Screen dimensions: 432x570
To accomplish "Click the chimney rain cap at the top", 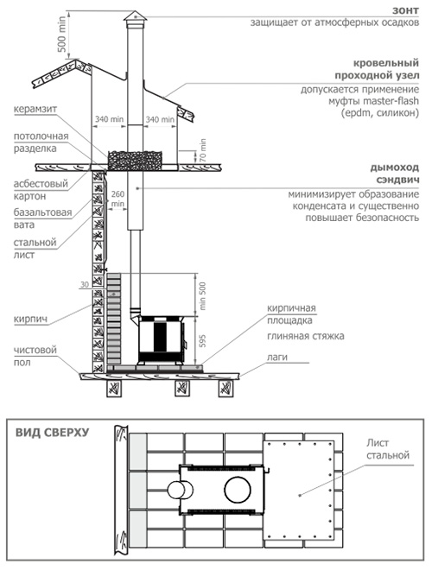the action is (x=135, y=16).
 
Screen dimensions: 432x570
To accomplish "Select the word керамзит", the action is (x=35, y=110).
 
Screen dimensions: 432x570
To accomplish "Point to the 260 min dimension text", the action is (x=118, y=199).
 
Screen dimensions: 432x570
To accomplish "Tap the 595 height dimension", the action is (x=202, y=341).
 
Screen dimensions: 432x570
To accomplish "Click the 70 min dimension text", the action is (x=202, y=150).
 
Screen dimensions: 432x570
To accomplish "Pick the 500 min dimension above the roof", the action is (x=62, y=34).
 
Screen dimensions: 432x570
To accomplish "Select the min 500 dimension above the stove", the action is (x=202, y=296).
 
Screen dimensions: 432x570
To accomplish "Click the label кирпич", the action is (x=30, y=320).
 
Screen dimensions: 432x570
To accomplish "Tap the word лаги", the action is (x=277, y=358).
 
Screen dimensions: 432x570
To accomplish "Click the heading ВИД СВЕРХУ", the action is (x=52, y=433).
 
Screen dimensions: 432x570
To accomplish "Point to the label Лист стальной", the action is (x=388, y=449).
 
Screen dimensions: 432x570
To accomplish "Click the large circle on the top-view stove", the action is (x=238, y=489).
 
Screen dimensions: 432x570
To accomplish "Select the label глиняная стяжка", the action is (x=306, y=336).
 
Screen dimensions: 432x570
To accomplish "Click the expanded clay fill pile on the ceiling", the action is (x=134, y=161).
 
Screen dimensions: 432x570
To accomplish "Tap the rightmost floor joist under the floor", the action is (x=226, y=389).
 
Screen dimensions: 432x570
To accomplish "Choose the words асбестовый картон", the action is (x=41, y=190).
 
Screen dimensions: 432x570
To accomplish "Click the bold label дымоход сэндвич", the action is (x=395, y=174).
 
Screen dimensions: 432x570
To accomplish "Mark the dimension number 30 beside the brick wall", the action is (x=84, y=285).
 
